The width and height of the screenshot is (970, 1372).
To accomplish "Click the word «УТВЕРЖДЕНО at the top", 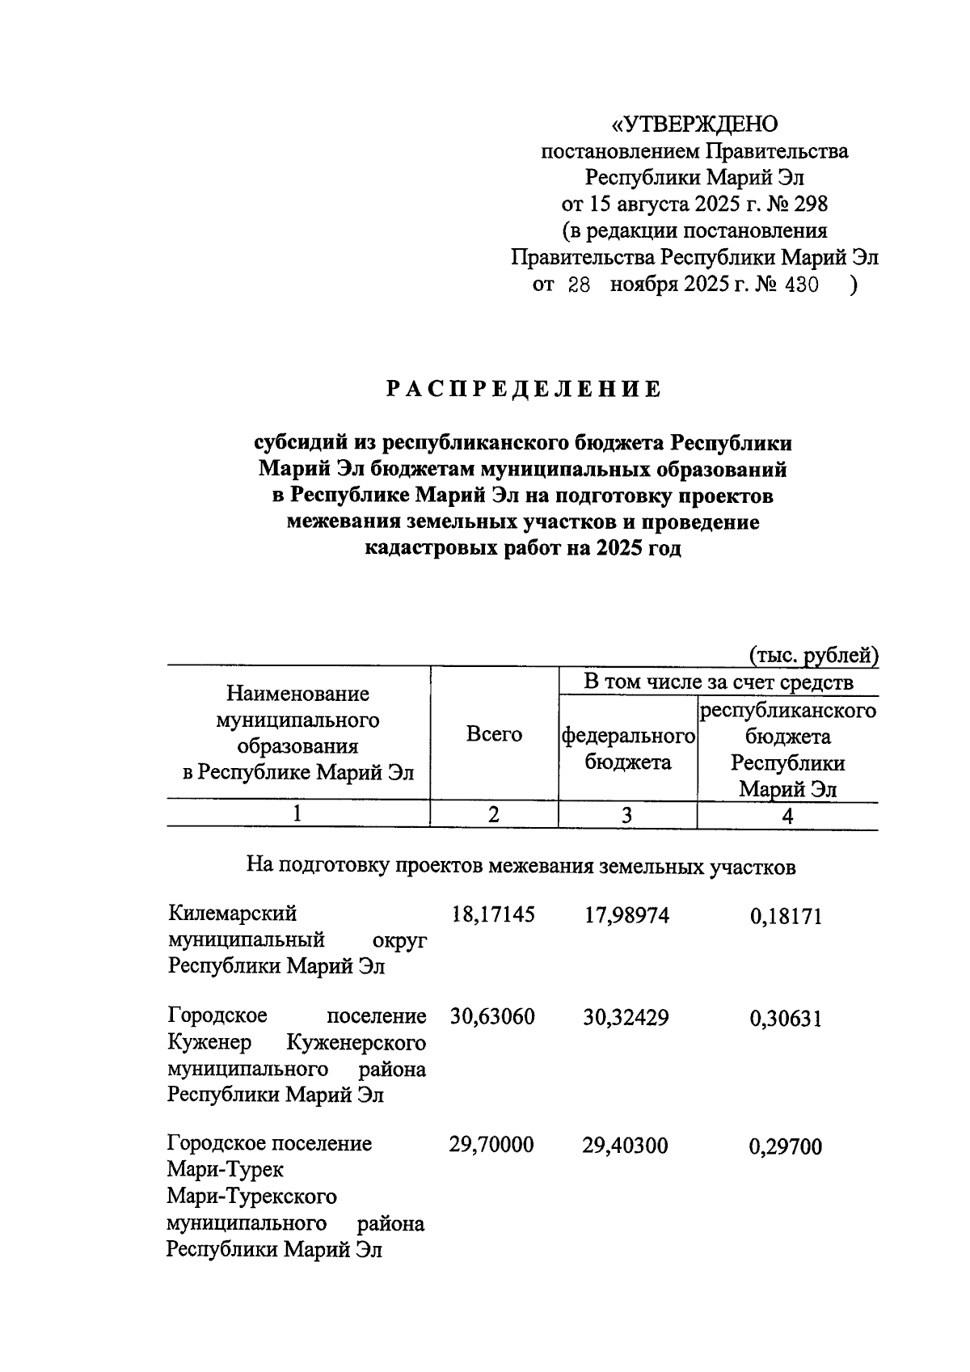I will pos(694,125).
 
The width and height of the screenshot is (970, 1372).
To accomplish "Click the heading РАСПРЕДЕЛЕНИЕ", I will pos(523,390).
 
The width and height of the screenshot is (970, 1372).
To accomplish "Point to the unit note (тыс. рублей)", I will pos(812,655).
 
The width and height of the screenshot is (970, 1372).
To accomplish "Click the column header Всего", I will pos(494,734).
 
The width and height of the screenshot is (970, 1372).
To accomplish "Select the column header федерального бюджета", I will pos(628,749).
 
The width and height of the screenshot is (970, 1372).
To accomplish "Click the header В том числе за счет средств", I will pos(719,682).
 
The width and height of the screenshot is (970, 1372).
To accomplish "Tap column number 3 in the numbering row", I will pos(627,815).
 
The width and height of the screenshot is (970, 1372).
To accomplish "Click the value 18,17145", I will pos(493,915).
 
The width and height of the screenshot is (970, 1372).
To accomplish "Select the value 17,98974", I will pos(626,915).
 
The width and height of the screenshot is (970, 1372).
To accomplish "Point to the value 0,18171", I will pos(786,916).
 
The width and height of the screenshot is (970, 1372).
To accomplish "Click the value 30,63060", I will pos(493,1016).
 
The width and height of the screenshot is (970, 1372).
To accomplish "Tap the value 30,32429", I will pos(626,1016).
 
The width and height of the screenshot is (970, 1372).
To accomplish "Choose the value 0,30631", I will pos(786,1017).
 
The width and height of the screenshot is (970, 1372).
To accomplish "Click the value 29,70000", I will pos(492,1145).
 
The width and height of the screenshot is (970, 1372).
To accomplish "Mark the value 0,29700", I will pos(786,1146).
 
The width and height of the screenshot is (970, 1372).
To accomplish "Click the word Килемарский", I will pos(233,914).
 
